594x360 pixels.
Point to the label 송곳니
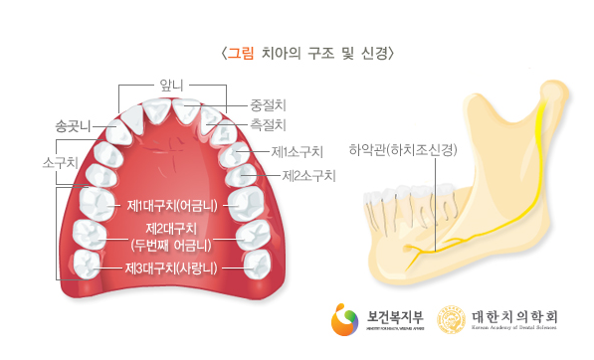(x=74, y=125)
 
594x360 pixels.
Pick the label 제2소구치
(x=307, y=176)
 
